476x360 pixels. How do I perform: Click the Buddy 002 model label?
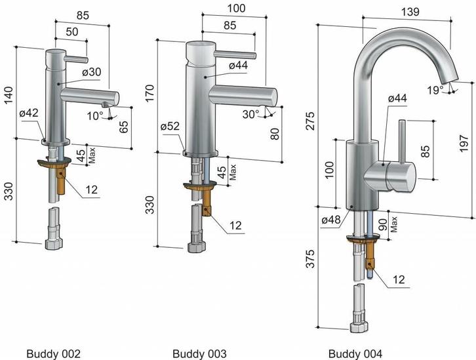pyautogui.click(x=53, y=353)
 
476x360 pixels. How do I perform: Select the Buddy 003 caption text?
pyautogui.click(x=200, y=353)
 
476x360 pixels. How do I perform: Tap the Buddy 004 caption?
pyautogui.click(x=355, y=353)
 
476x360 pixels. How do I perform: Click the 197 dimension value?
pyautogui.click(x=464, y=142)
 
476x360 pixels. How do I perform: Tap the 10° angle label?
pyautogui.click(x=95, y=115)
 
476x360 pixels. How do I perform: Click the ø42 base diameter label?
pyautogui.click(x=28, y=113)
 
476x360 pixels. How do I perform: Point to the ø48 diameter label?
pyautogui.click(x=331, y=220)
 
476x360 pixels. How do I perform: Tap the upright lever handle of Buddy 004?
pyautogui.click(x=401, y=144)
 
